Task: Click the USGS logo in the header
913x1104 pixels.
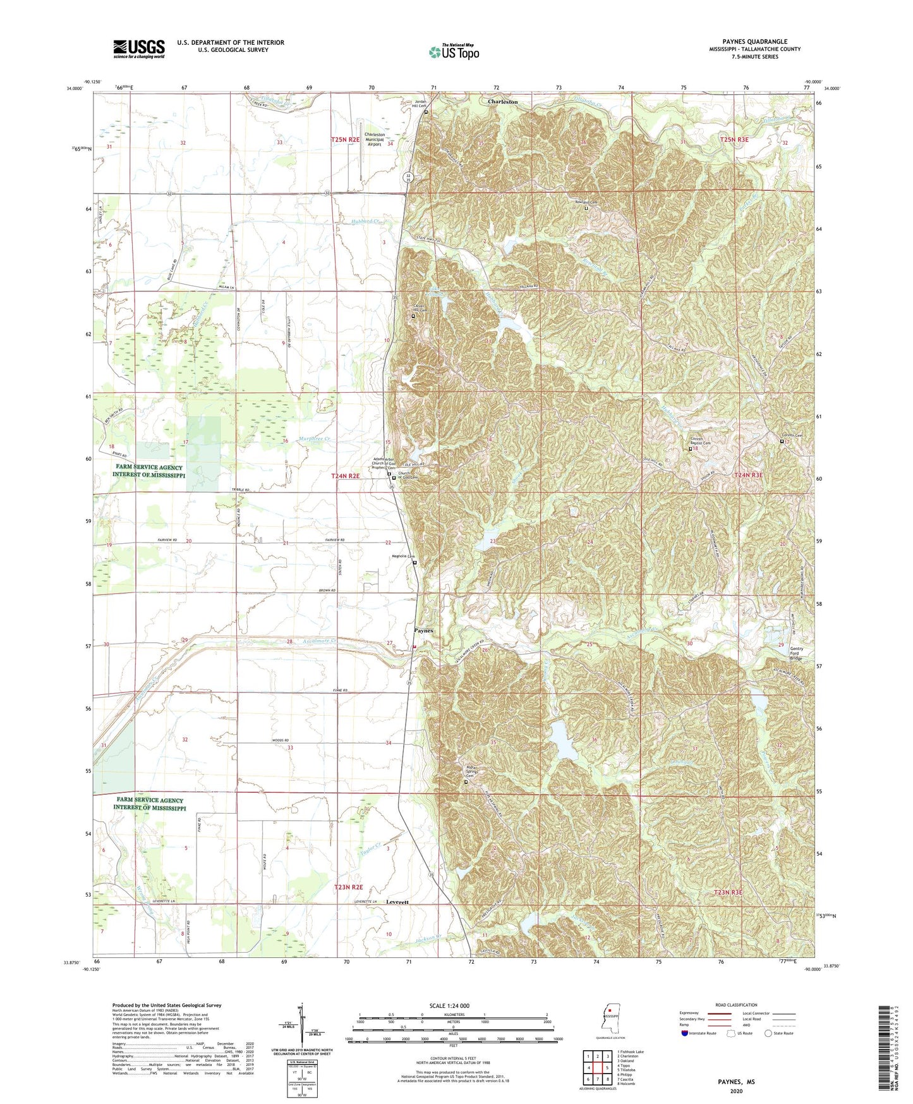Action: click(139, 48)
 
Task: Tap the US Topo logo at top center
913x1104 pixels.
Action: click(454, 51)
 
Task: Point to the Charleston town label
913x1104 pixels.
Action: click(502, 101)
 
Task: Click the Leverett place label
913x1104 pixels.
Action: click(399, 903)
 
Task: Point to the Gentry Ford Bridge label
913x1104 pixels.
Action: click(795, 653)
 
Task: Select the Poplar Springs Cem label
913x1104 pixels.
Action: click(466, 772)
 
